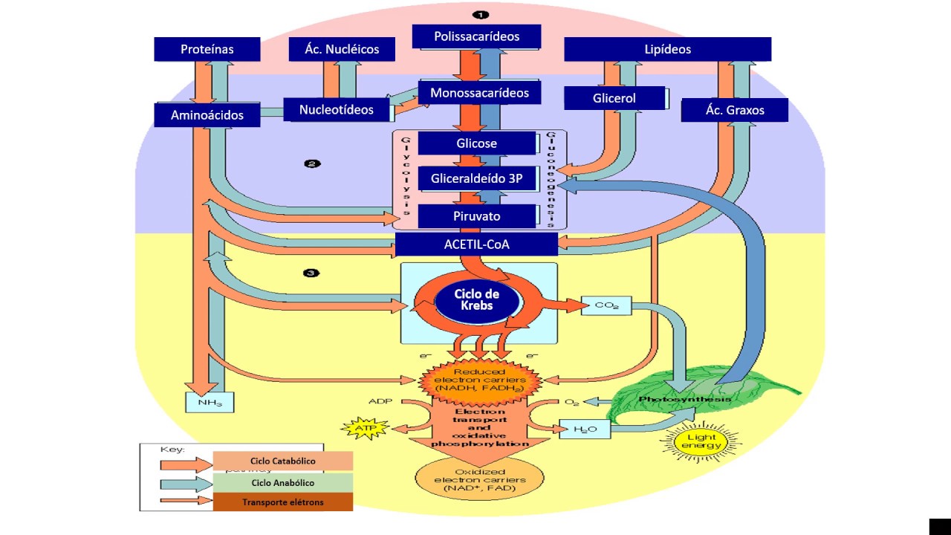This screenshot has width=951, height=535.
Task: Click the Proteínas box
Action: tap(207, 49)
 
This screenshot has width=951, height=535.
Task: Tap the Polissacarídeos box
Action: tap(476, 36)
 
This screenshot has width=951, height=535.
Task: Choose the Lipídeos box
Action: tap(667, 49)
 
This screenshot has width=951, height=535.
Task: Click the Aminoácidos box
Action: tap(207, 115)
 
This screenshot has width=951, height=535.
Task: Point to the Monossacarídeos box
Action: tap(479, 93)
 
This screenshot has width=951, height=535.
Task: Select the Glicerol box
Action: tap(614, 97)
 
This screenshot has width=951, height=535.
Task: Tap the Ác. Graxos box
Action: tap(734, 110)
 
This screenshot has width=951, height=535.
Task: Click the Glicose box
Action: tap(477, 143)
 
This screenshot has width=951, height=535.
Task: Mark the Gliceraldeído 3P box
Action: tap(477, 178)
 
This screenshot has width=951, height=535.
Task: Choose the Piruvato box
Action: tap(477, 216)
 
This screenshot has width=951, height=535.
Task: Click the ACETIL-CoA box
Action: tap(476, 244)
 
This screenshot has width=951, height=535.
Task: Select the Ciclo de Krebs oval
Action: tap(475, 300)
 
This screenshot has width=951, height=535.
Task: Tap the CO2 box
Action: tap(606, 305)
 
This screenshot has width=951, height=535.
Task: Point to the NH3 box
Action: tap(209, 402)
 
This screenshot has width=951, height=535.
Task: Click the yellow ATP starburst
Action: tap(360, 429)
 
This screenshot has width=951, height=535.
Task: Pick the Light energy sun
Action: tap(702, 442)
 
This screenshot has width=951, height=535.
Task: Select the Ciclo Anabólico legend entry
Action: tap(282, 481)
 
